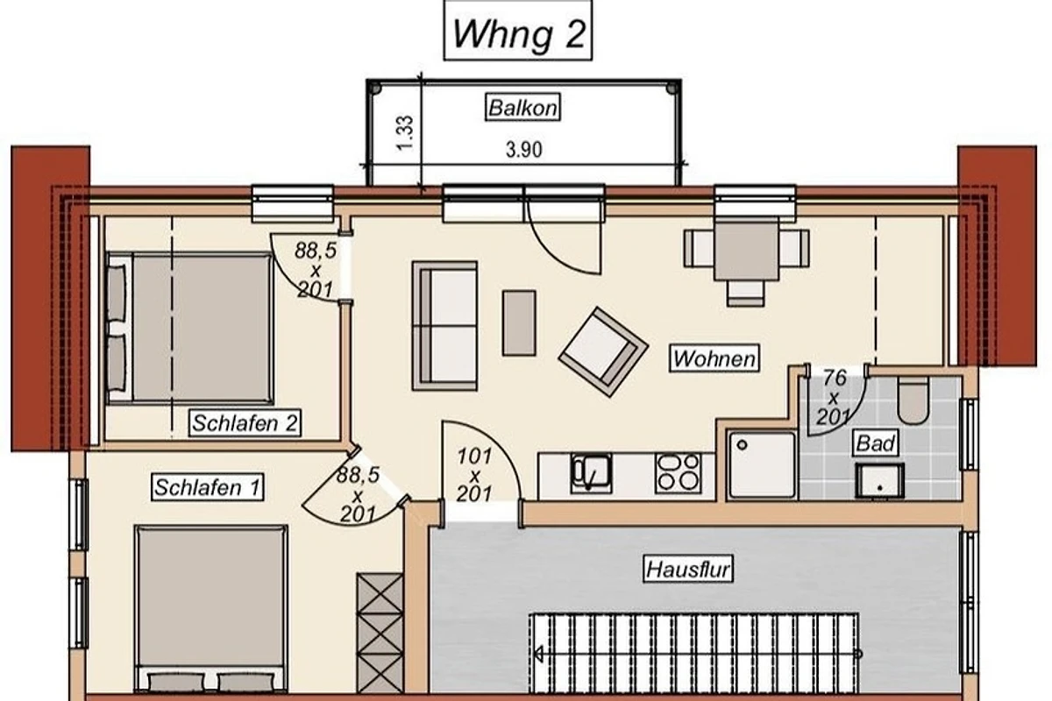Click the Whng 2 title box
pyautogui.click(x=518, y=31)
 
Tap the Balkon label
pyautogui.click(x=522, y=108)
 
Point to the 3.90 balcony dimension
pyautogui.click(x=523, y=150)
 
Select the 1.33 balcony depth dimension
pyautogui.click(x=405, y=133)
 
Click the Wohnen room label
pyautogui.click(x=714, y=358)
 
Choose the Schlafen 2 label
pyautogui.click(x=245, y=423)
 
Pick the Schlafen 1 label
pyautogui.click(x=207, y=487)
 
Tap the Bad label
pyautogui.click(x=876, y=443)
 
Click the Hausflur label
pyautogui.click(x=688, y=570)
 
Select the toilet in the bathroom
pyautogui.click(x=913, y=400)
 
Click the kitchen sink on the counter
pyautogui.click(x=591, y=473)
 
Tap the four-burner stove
pyautogui.click(x=679, y=473)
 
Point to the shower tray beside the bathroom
pyautogui.click(x=762, y=464)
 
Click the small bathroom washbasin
pyautogui.click(x=879, y=480)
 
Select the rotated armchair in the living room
pyautogui.click(x=603, y=351)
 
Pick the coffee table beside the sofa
pyautogui.click(x=519, y=323)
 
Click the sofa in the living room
pyautogui.click(x=444, y=326)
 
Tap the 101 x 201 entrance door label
pyautogui.click(x=474, y=475)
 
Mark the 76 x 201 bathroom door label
pyautogui.click(x=834, y=398)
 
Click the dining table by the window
pyautogui.click(x=746, y=250)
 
